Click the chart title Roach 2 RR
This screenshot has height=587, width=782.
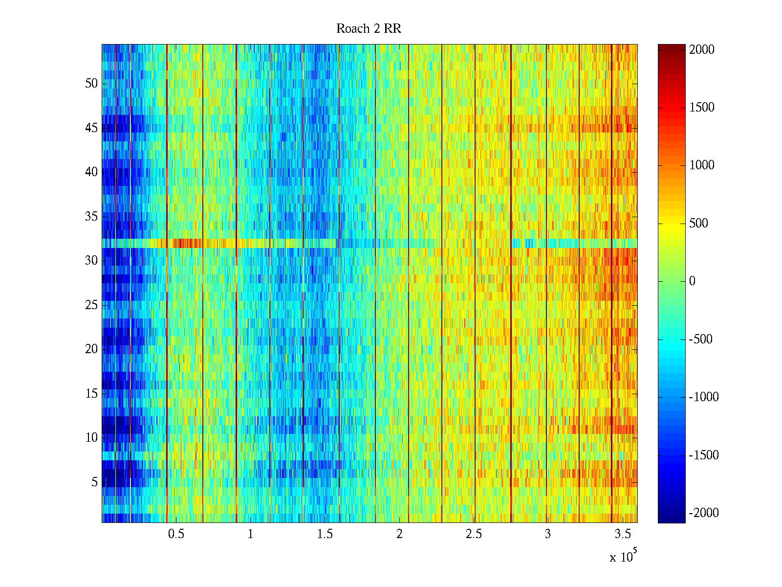pos(369,29)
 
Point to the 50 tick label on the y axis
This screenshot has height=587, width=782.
pos(91,84)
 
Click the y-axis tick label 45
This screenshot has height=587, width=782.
pos(91,128)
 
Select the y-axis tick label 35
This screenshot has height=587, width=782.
pos(91,216)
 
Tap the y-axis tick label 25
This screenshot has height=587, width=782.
pos(91,305)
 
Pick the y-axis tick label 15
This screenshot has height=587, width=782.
pos(91,393)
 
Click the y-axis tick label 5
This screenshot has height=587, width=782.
pos(94,482)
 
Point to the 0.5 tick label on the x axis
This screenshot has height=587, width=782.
pos(176,534)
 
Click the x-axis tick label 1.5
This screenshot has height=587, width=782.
pos(325,534)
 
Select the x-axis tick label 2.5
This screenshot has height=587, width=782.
pos(473,534)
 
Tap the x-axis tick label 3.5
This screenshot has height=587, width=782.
pos(622,534)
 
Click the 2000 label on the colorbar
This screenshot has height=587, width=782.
pos(702,50)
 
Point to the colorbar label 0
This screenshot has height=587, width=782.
pos(692,281)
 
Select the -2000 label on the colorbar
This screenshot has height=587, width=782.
pos(704,513)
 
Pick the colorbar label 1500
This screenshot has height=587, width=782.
pos(702,108)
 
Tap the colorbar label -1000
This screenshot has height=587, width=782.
pos(704,397)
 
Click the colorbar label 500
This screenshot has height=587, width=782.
pos(699,224)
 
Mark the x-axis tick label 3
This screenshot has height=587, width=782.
pos(547,534)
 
